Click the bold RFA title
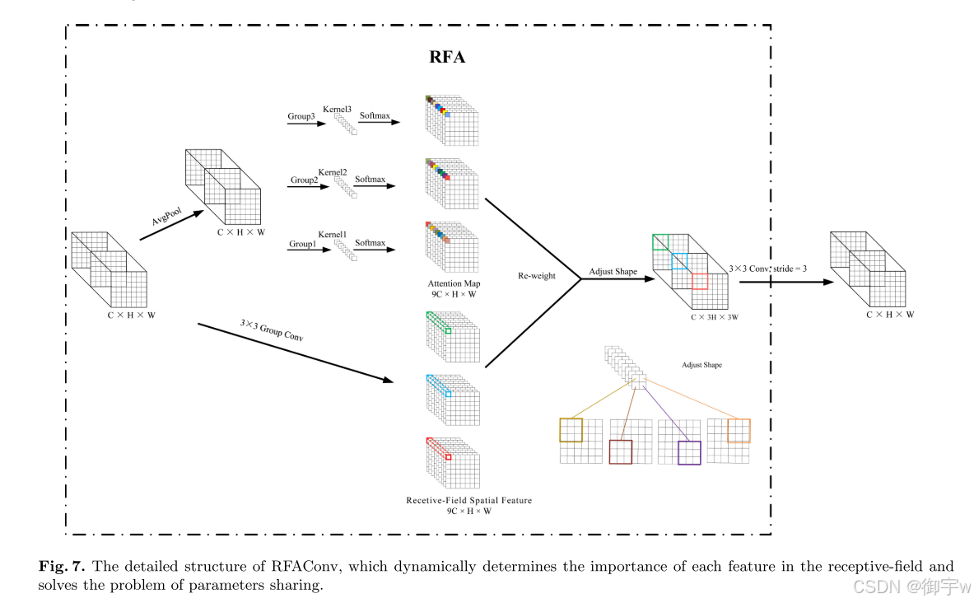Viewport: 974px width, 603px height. (448, 58)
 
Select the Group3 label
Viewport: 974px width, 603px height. (301, 117)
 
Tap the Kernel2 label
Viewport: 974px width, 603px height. (333, 171)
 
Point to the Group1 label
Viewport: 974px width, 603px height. (302, 244)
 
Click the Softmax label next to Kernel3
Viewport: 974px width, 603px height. (374, 115)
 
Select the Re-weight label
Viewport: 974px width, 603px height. (536, 276)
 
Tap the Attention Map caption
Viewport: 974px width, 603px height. (449, 283)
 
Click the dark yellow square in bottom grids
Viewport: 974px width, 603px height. (571, 430)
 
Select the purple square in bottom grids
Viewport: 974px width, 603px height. (688, 452)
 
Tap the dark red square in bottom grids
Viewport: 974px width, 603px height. (620, 451)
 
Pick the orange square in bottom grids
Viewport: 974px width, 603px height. (739, 430)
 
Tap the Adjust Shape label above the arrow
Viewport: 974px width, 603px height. (613, 271)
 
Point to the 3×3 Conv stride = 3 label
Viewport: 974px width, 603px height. (768, 269)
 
